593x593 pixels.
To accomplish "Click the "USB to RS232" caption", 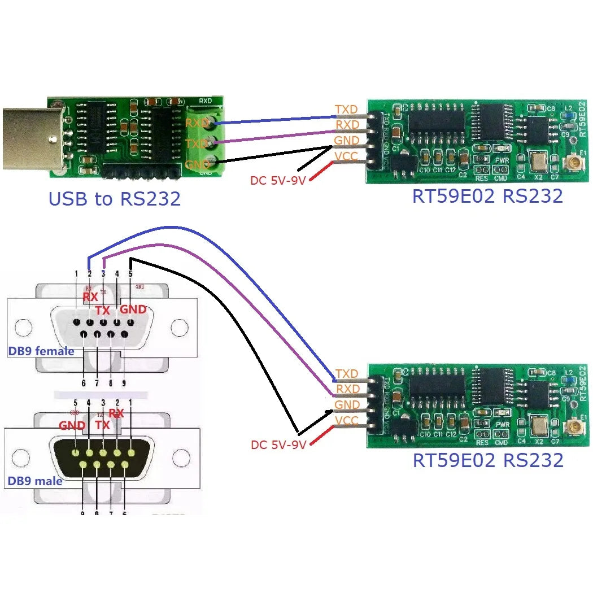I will pos(115,199).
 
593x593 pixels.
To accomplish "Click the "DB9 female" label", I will pos(41,351).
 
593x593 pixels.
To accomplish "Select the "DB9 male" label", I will pos(35,481).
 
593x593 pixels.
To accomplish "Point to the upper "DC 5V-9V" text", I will pos(278,180).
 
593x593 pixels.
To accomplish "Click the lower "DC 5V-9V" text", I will pos(278,445).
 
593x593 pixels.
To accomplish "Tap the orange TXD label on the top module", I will pos(346,110).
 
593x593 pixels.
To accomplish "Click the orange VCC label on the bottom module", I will pos(346,421).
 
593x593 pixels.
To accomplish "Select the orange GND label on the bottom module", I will pos(346,405).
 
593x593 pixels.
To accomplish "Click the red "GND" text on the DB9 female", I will pos(134,309).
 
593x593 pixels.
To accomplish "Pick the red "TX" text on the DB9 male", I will pos(103,425).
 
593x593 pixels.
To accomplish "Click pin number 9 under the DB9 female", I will pos(124,383).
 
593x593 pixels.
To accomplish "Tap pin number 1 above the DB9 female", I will pos(76,274).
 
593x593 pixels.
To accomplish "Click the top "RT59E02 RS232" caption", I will pos(487,196).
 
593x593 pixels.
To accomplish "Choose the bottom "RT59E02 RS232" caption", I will pos(487,460).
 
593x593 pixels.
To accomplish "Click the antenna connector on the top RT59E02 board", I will pos(569,164).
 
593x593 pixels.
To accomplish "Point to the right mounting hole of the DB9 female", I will pos(180,327).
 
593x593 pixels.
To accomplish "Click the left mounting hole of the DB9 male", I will pos(20,457).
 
